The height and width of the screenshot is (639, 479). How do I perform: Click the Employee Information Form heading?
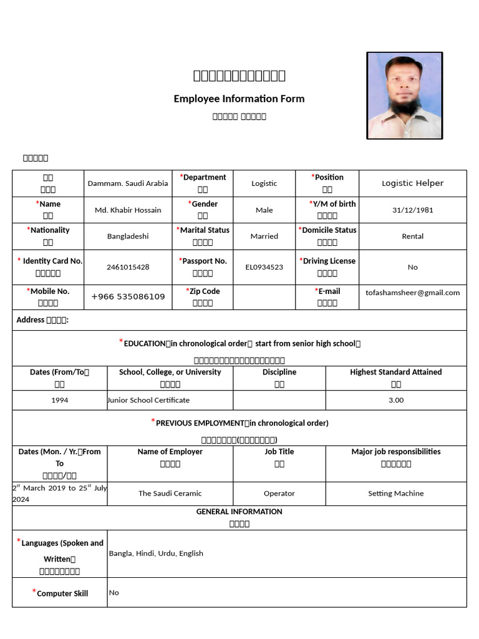pyautogui.click(x=239, y=99)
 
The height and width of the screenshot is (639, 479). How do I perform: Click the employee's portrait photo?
pyautogui.click(x=404, y=95)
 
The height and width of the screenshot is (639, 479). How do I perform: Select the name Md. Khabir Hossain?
pyautogui.click(x=128, y=210)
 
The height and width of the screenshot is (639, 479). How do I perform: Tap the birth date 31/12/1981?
pyautogui.click(x=412, y=210)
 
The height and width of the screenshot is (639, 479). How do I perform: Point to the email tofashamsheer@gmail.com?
pyautogui.click(x=412, y=293)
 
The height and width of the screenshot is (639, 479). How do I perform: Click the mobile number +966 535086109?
pyautogui.click(x=128, y=296)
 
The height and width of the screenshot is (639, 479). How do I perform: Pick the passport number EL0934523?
pyautogui.click(x=264, y=267)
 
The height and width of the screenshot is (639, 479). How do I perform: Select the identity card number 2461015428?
pyautogui.click(x=128, y=267)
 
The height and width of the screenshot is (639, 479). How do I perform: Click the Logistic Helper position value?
pyautogui.click(x=412, y=183)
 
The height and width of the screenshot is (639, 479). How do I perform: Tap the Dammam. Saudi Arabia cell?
pyautogui.click(x=128, y=183)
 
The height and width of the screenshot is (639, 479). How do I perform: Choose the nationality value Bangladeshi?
pyautogui.click(x=128, y=237)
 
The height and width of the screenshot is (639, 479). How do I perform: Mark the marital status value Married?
pyautogui.click(x=264, y=237)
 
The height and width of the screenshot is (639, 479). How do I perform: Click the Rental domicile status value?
pyautogui.click(x=412, y=237)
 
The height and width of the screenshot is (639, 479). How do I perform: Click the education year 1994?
pyautogui.click(x=60, y=400)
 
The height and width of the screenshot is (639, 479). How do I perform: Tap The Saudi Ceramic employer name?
pyautogui.click(x=170, y=494)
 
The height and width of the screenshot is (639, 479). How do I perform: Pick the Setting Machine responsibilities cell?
pyautogui.click(x=395, y=494)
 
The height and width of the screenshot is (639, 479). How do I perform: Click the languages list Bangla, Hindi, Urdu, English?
pyautogui.click(x=156, y=554)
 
